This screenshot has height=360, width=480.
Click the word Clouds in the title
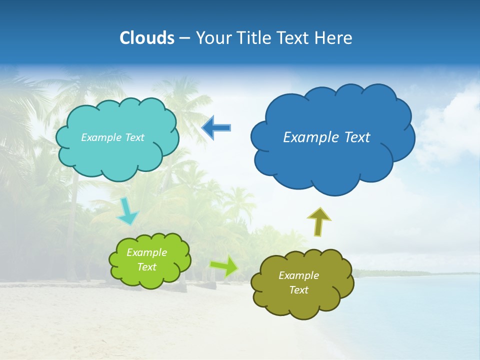coord(146,38)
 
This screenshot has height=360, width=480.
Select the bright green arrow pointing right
coord(224,266)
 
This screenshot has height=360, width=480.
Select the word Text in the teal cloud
coord(133,137)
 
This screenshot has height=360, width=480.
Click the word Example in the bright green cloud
coord(146,252)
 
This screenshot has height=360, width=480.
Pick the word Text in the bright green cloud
coord(146,267)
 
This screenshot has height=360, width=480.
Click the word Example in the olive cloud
coord(298,275)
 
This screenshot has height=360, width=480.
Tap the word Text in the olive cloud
coord(298,290)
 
